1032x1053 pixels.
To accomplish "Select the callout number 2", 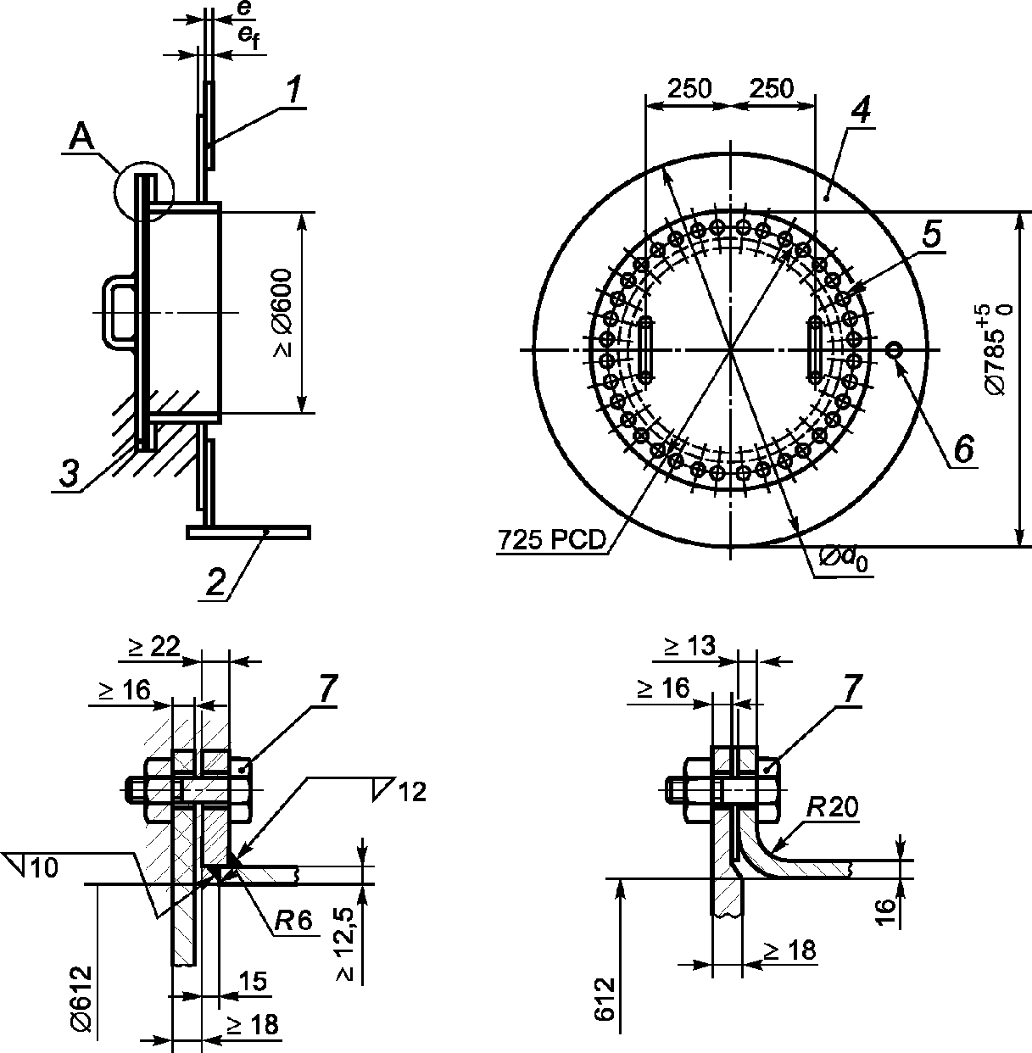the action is click(x=216, y=582).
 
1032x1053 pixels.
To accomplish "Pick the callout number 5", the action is click(x=932, y=233).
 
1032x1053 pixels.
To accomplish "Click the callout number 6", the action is click(x=963, y=449).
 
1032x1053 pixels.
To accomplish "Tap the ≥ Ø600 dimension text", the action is click(x=283, y=313).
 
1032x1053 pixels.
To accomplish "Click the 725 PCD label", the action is click(x=552, y=540).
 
